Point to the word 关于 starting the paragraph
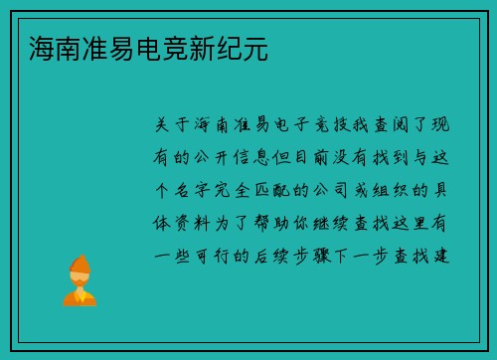point(174,125)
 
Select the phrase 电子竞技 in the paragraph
point(304,125)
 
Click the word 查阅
point(392,125)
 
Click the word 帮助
point(282,222)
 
